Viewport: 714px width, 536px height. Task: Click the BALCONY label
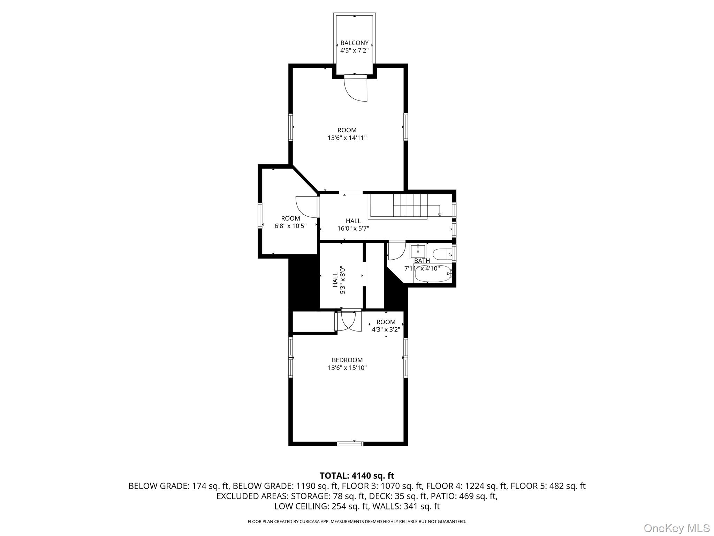point(354,43)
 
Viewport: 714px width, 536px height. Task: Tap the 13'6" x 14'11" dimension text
point(347,138)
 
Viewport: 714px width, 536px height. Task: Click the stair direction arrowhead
point(440,215)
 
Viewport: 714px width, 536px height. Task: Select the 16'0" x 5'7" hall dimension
point(353,229)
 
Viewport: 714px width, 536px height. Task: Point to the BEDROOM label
point(347,360)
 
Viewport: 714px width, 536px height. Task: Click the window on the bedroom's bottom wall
point(350,444)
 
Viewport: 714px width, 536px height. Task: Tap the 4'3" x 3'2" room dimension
point(386,329)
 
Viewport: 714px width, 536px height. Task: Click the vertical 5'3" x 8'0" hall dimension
point(343,280)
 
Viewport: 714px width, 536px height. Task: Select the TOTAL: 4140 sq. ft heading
point(357,476)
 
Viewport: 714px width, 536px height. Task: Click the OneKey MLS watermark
point(676,528)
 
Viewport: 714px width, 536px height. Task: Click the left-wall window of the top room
point(290,127)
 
